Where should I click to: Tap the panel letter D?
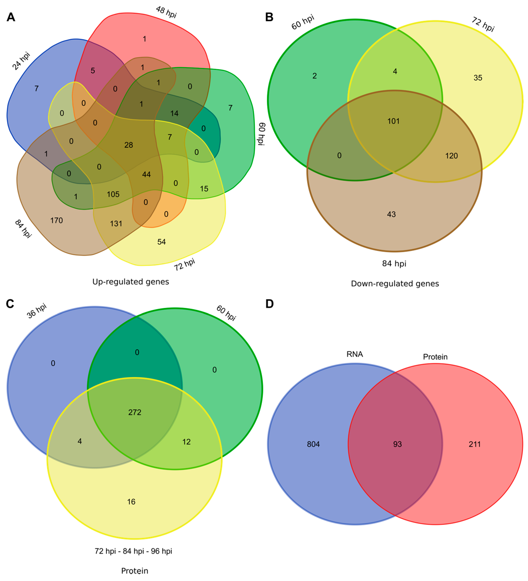pyautogui.click(x=269, y=304)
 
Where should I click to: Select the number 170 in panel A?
pyautogui.click(x=56, y=220)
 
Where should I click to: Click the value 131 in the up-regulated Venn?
pyautogui.click(x=116, y=224)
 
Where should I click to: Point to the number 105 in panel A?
pyautogui.click(x=113, y=194)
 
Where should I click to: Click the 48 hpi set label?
pyautogui.click(x=166, y=12)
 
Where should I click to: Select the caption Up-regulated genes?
pyautogui.click(x=131, y=282)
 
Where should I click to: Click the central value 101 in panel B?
pyautogui.click(x=393, y=121)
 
